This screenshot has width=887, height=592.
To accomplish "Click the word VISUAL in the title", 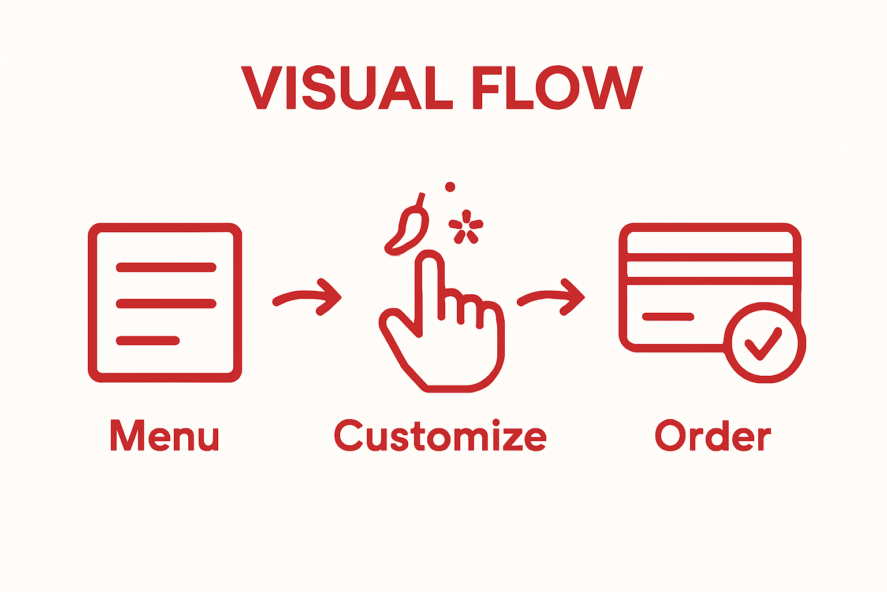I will [x=346, y=88].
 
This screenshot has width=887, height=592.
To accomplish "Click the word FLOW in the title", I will [x=557, y=88].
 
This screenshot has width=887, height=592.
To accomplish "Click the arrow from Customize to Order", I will [x=551, y=297].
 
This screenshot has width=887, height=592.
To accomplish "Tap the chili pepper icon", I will [x=409, y=228].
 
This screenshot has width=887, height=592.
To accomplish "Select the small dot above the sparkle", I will [x=450, y=187].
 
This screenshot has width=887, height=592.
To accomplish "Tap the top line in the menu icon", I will [x=166, y=267].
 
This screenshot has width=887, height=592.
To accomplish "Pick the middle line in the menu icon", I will [x=166, y=304].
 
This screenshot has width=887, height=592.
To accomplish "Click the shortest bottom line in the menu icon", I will [x=148, y=341].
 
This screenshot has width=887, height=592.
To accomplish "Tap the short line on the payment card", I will [x=668, y=316].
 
